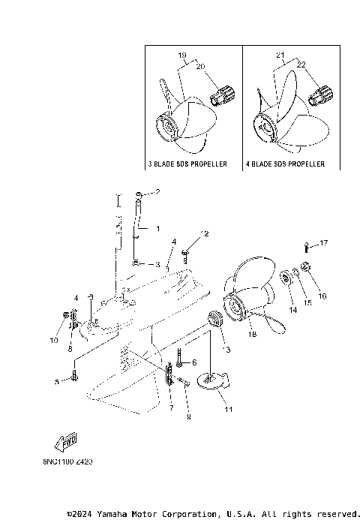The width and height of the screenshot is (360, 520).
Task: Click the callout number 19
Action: point(182,56)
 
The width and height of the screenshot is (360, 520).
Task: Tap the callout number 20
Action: point(200,66)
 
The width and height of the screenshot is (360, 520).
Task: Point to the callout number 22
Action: point(301,66)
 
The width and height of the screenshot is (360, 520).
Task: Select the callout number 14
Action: point(293,309)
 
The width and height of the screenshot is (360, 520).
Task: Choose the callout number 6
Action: point(193,362)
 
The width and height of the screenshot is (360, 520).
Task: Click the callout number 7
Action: point(172,407)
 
